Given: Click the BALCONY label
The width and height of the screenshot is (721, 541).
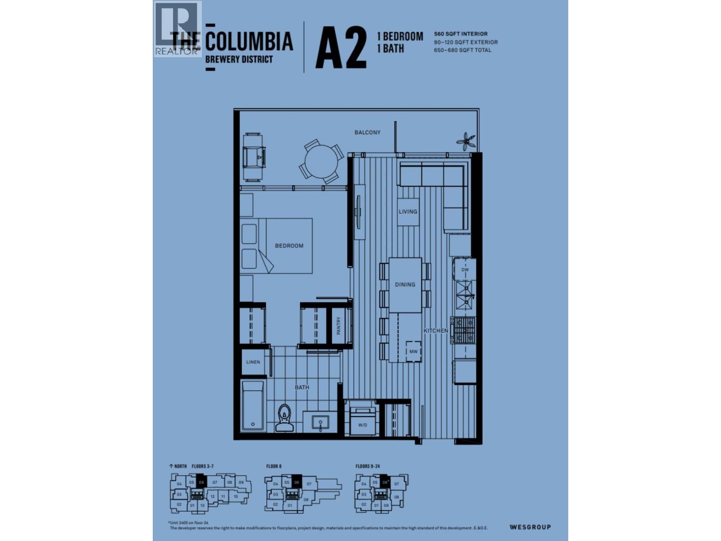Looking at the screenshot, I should tap(367, 133).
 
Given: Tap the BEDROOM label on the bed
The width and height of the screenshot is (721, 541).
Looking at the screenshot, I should tap(289, 246).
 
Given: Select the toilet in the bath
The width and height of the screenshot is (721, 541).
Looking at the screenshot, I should tap(284, 418).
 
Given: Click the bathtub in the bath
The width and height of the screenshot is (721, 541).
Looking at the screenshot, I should tap(252, 405).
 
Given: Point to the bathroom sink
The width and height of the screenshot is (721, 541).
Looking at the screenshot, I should tap(321, 423).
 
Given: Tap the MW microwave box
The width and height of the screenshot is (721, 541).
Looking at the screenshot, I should tap(413, 351).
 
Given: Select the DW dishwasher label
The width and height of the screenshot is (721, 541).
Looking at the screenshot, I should tap(465, 270).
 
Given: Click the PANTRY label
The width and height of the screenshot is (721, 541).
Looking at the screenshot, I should tap(338, 326).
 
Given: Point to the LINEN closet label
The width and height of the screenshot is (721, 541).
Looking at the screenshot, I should tap(253, 362).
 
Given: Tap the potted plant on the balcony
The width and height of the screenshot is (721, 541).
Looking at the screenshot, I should tap(465, 141).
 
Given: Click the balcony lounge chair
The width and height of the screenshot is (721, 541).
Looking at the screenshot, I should tap(254, 156).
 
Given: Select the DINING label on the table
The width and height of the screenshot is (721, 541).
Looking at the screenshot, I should tap(405, 284).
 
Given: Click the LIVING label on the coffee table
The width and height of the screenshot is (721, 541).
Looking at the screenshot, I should tap(408, 211).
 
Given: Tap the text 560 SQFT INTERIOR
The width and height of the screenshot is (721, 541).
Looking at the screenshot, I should tap(461, 34).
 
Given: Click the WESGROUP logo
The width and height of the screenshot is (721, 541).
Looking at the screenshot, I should tap(530, 527).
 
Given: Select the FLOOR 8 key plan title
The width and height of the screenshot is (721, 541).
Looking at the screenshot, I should tap(274, 466).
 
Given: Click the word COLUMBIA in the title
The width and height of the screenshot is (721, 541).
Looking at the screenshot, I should tap(249, 41).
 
